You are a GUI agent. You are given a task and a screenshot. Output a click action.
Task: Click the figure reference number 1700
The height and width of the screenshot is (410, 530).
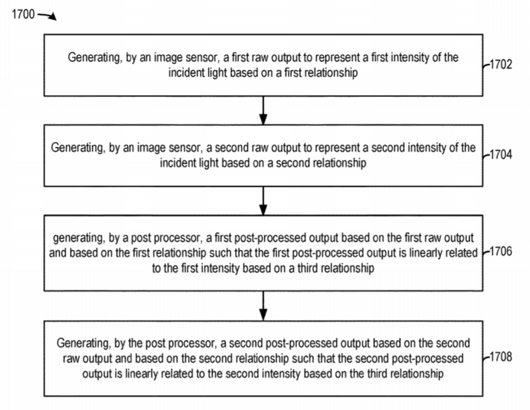click(23, 14)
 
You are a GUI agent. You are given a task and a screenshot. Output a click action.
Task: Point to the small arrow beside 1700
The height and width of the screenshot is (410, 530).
click(47, 16)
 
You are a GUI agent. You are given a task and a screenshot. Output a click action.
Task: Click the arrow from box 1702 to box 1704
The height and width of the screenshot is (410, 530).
click(264, 111)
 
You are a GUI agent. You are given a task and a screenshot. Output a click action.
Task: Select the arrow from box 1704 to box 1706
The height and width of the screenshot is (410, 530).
click(264, 201)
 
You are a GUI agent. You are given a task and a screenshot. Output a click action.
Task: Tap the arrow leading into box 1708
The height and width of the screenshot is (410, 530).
click(264, 306)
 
